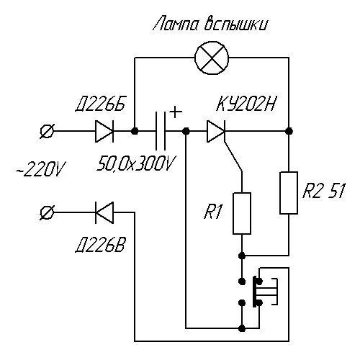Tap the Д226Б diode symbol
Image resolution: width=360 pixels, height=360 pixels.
103,132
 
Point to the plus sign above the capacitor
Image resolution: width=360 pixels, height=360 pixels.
174,112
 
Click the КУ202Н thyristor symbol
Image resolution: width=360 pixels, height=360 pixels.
217,132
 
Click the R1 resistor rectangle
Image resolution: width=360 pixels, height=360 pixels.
242,214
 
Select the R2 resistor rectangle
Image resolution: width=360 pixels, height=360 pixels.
289,193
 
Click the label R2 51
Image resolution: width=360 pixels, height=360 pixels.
324,192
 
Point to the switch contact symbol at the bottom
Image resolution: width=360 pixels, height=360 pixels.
258,292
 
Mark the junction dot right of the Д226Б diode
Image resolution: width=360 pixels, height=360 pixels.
135,132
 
